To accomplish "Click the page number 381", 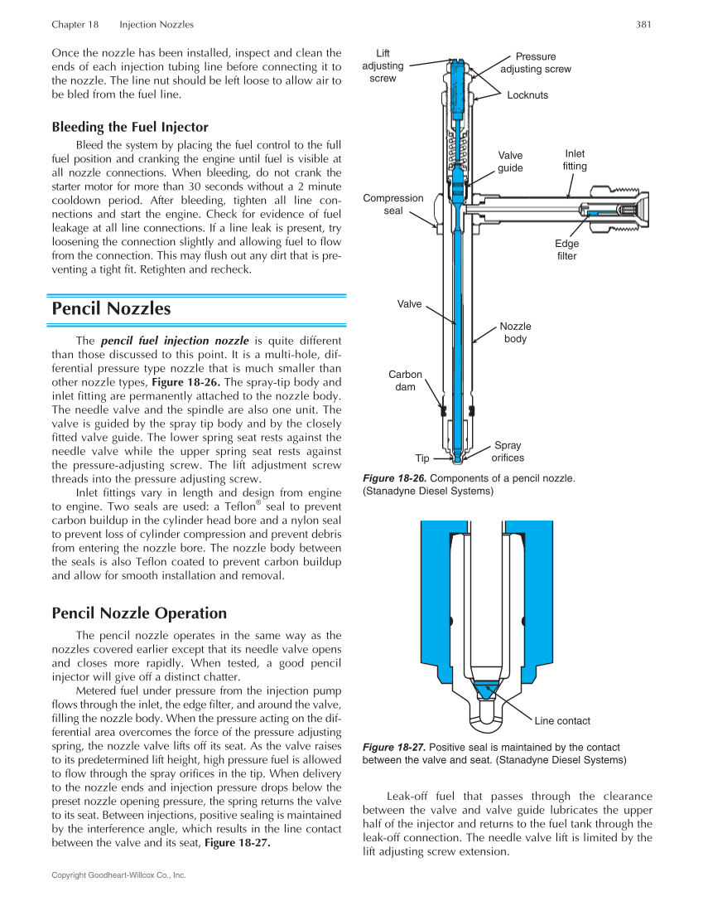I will [x=644, y=25].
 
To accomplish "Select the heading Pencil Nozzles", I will [x=111, y=308].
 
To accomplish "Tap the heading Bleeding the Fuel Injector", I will [x=130, y=127].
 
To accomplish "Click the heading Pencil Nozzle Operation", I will [x=139, y=613].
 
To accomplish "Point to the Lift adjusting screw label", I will [x=383, y=65].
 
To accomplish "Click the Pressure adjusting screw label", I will [x=536, y=63].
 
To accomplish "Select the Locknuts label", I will [x=527, y=95].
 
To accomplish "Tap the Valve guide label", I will [x=510, y=162].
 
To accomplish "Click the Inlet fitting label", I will [x=575, y=160].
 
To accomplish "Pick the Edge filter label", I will [x=566, y=249].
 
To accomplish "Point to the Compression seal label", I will [x=392, y=204].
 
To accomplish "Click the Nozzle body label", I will [x=515, y=332].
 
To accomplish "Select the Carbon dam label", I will [x=405, y=380].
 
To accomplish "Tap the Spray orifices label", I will [x=508, y=451].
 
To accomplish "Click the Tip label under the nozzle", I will [x=422, y=458].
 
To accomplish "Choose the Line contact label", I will [x=562, y=720].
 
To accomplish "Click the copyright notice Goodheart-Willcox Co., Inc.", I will [x=118, y=874].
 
